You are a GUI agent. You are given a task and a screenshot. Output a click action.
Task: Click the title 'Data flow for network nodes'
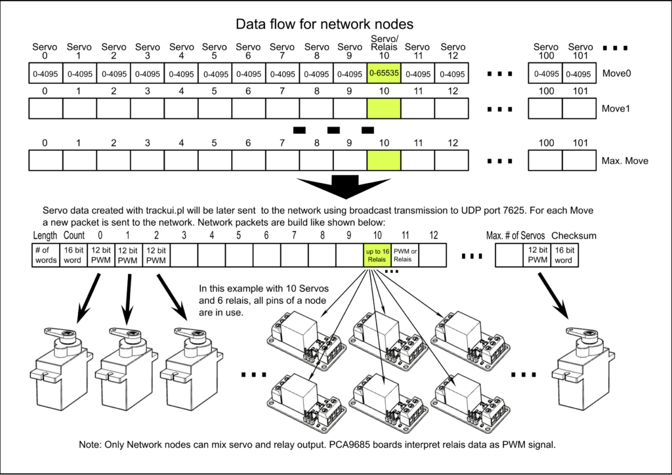(x=324, y=25)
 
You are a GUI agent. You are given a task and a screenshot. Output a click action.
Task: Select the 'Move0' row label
(x=616, y=74)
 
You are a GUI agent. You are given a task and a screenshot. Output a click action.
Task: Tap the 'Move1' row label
(x=616, y=108)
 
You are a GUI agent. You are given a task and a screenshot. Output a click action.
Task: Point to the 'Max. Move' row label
(x=623, y=161)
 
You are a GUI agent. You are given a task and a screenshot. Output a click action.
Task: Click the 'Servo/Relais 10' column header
(x=384, y=47)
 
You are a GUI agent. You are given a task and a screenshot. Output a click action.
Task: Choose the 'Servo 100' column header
(x=545, y=52)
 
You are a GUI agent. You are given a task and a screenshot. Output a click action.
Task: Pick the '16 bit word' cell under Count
(x=73, y=255)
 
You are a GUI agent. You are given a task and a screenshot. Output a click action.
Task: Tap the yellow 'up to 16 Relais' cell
(x=377, y=255)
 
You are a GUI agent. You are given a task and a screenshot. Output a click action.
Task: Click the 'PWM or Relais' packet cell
(x=405, y=255)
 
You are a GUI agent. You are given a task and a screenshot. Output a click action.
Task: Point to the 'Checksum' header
(x=573, y=235)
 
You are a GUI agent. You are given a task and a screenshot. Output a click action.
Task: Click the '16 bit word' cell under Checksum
(x=564, y=255)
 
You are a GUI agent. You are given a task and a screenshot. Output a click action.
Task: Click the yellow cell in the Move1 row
(x=384, y=108)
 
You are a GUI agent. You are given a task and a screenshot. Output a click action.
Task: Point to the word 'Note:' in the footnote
(x=91, y=445)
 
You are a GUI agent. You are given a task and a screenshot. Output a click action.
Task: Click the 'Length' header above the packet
(x=45, y=235)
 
